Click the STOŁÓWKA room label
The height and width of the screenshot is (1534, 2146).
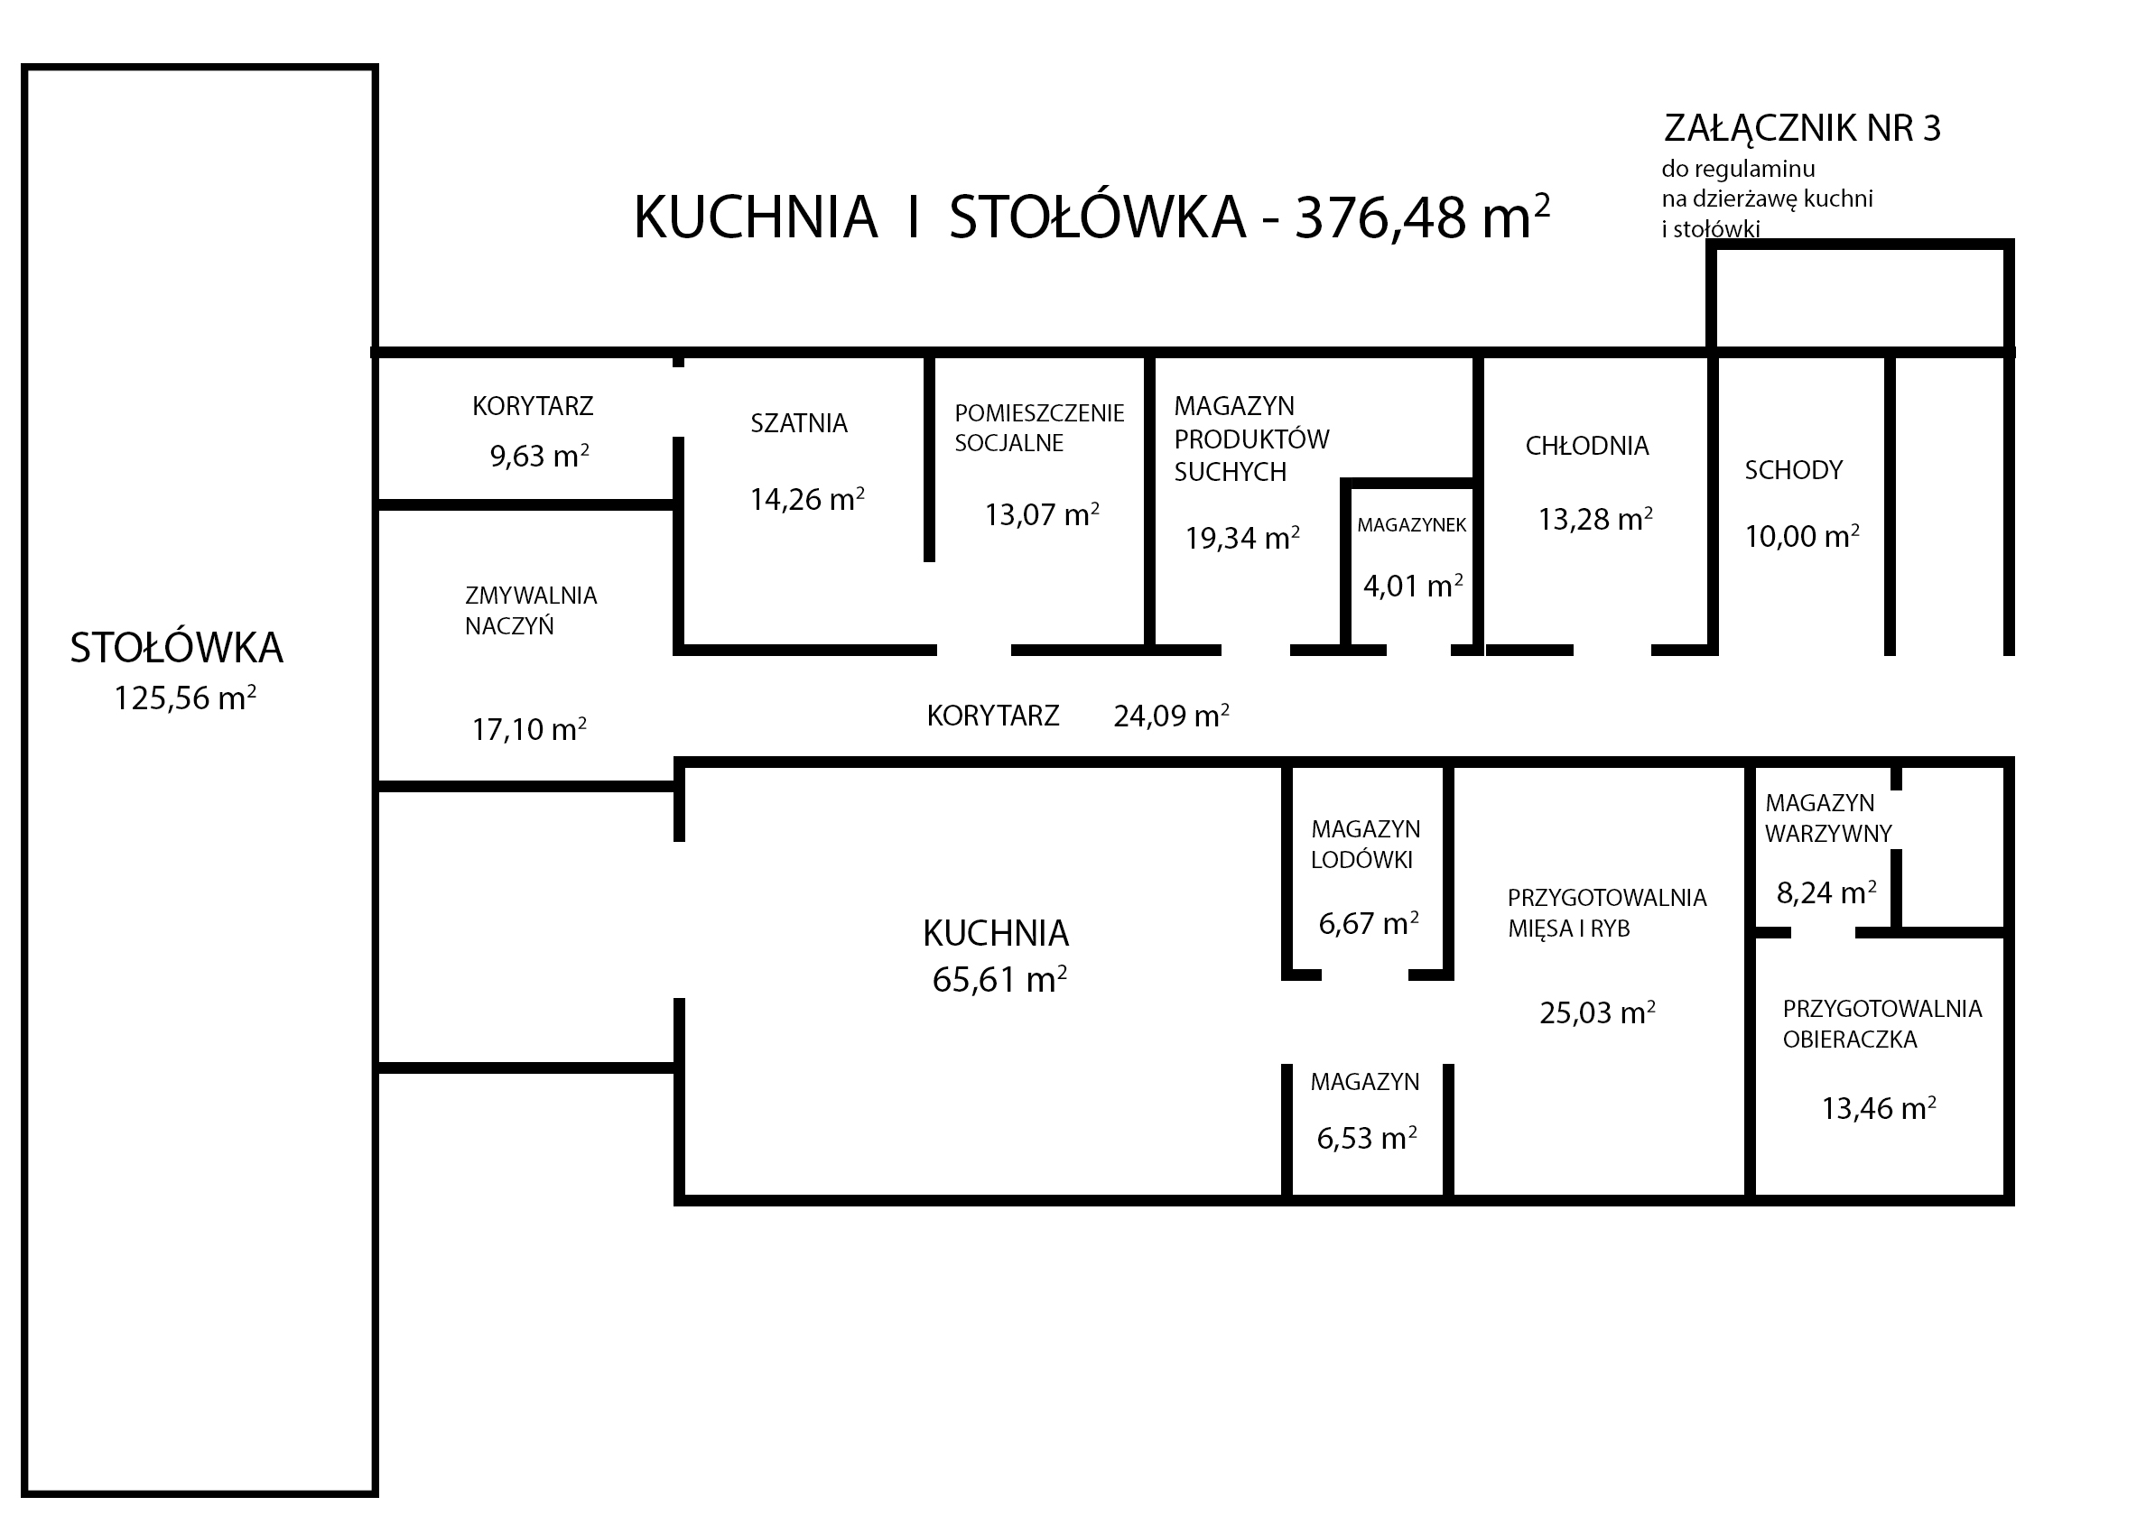pos(177,648)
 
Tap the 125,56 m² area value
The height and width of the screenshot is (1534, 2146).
pos(185,698)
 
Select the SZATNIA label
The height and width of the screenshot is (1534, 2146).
pos(798,423)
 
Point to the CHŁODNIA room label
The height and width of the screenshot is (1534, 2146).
pos(1586,446)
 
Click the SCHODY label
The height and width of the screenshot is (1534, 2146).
pos(1794,470)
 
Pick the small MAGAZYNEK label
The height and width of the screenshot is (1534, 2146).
pos(1412,525)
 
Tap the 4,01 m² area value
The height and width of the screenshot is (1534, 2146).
pos(1413,586)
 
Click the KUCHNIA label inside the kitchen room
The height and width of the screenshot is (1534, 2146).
pos(996,933)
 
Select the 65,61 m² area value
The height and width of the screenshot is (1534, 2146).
pos(999,980)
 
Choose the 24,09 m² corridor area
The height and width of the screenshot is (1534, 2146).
pos(1171,716)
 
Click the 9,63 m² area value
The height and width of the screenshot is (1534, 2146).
pos(540,457)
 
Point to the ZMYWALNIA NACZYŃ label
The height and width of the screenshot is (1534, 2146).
pos(531,610)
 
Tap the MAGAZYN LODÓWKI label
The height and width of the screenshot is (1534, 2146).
pos(1365,845)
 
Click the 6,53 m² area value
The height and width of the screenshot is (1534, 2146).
pos(1366,1138)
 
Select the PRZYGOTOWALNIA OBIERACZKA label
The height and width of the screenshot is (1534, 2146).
pos(1882,1024)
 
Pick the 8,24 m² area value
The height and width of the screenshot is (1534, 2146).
pos(1826,892)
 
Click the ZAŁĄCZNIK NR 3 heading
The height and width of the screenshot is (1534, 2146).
pos(1802,128)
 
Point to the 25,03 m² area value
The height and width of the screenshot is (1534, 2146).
pos(1597,1013)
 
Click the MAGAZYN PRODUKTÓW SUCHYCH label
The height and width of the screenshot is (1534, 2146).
pos(1251,439)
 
